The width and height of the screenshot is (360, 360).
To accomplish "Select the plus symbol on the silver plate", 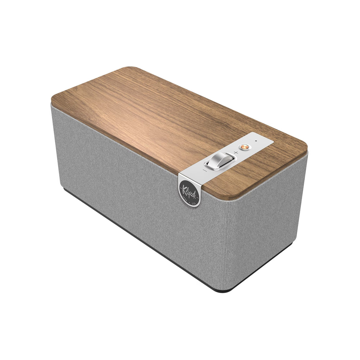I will [236, 152].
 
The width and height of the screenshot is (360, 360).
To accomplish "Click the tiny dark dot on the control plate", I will [256, 141].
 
